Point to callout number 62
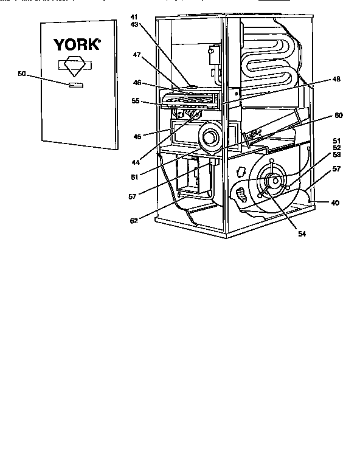142,220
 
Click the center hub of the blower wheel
274,181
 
